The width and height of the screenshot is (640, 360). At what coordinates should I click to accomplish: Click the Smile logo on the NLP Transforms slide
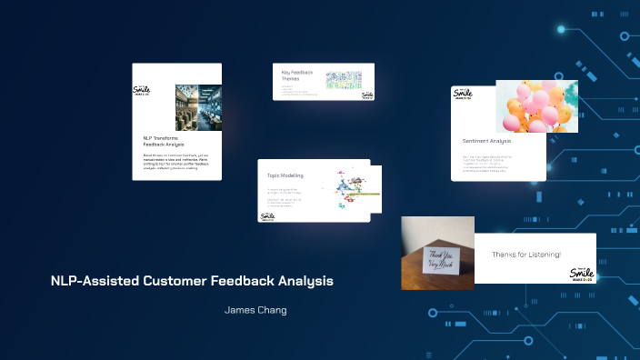click(141, 92)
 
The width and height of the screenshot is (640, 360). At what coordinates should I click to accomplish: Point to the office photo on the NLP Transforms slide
click(198, 108)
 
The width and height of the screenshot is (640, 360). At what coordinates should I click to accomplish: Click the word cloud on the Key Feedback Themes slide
click(343, 81)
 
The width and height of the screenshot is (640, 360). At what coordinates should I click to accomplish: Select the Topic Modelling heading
click(285, 175)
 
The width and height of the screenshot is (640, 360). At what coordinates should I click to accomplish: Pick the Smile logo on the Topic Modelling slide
click(267, 215)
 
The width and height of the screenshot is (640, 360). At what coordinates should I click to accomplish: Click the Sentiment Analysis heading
click(487, 141)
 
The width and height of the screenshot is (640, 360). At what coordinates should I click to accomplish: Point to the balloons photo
click(536, 106)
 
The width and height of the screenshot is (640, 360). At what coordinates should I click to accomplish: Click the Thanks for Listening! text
click(526, 254)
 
